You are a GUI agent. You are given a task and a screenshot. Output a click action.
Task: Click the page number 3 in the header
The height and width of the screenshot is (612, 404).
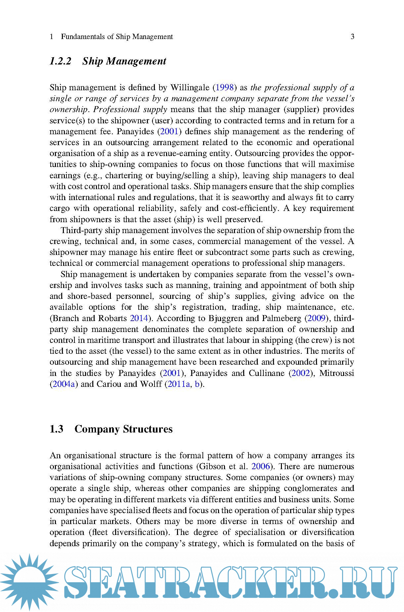[352, 37]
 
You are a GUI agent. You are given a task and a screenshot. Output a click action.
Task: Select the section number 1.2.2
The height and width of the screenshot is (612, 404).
[61, 61]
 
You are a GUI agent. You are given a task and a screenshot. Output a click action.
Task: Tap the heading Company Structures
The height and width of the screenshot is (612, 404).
[123, 429]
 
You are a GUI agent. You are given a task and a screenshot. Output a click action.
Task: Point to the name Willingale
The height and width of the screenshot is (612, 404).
[190, 88]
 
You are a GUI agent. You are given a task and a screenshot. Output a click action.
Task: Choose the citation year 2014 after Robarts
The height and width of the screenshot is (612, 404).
[139, 318]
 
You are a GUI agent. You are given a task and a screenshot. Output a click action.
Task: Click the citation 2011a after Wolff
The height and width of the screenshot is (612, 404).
[179, 384]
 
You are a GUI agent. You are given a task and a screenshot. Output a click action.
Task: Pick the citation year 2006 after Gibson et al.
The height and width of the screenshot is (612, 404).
[261, 467]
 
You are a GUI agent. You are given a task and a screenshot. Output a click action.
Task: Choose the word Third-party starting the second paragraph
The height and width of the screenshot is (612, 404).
[81, 230]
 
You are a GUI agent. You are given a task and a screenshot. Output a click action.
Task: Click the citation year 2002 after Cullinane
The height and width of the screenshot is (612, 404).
[300, 373]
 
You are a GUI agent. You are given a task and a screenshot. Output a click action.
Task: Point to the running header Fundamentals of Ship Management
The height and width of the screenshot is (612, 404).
[117, 37]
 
